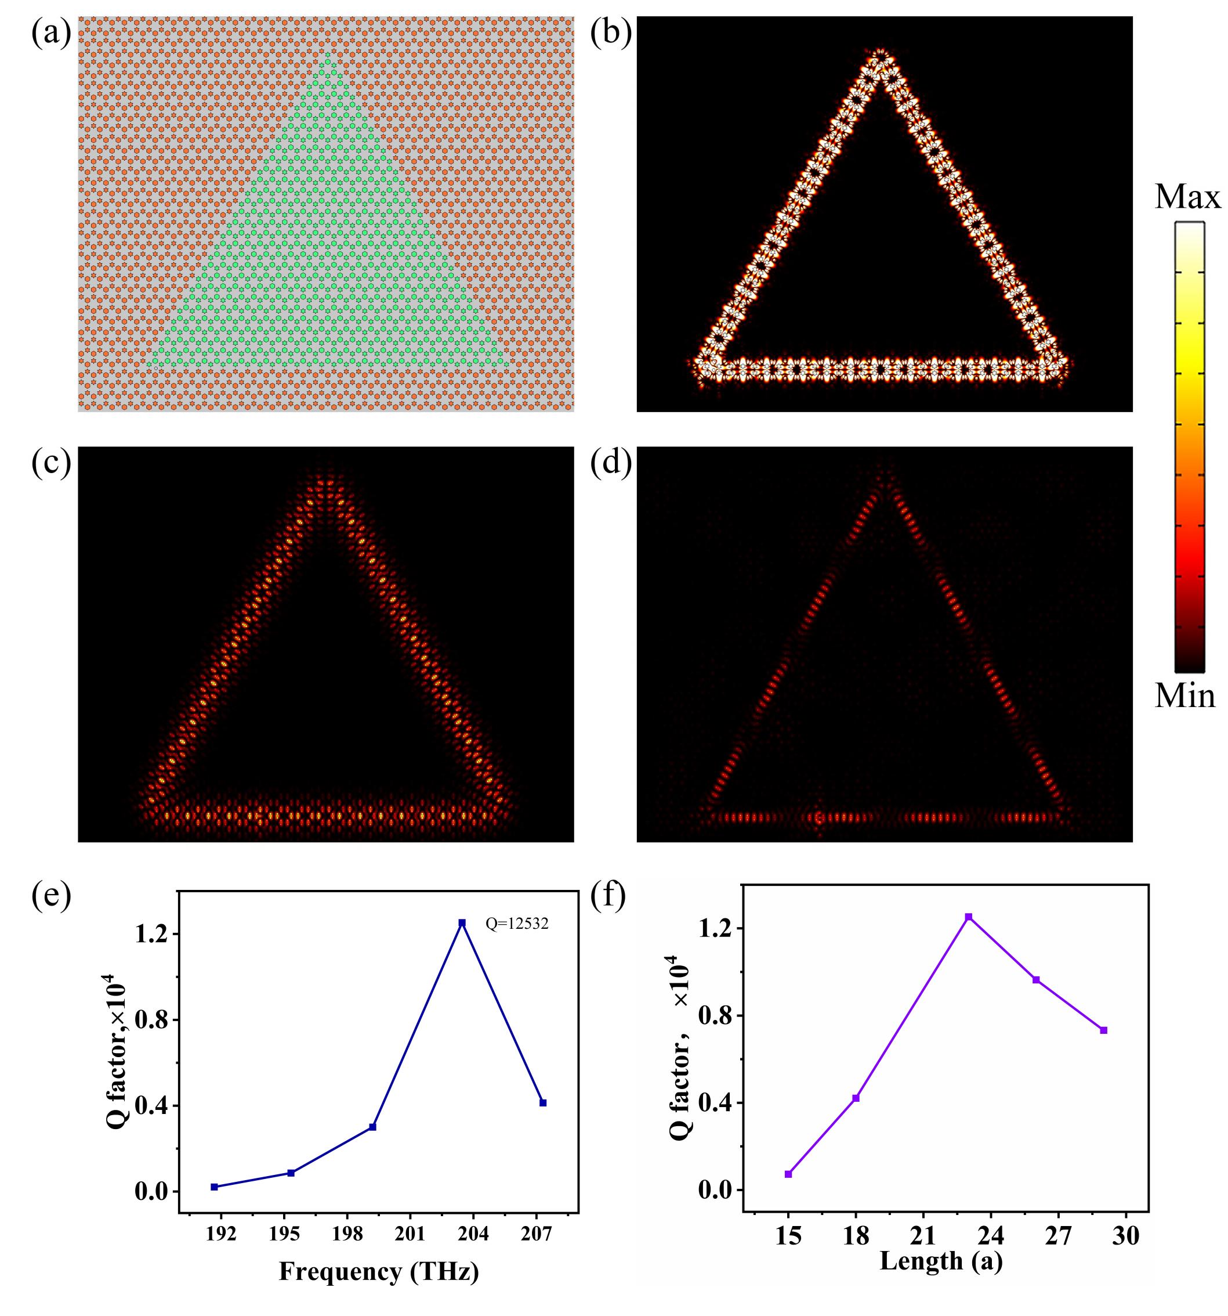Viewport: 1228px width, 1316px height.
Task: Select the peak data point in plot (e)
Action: pos(462,922)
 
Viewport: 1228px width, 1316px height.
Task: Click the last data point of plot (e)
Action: pos(543,1103)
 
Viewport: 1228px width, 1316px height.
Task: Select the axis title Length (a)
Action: pos(941,1260)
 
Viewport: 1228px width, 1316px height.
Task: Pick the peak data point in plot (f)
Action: pos(969,917)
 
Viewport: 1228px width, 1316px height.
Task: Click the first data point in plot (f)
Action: pos(788,1174)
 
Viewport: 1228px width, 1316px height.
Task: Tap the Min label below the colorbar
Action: pos(1185,697)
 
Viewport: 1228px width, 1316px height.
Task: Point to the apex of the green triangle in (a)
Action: pos(325,63)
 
